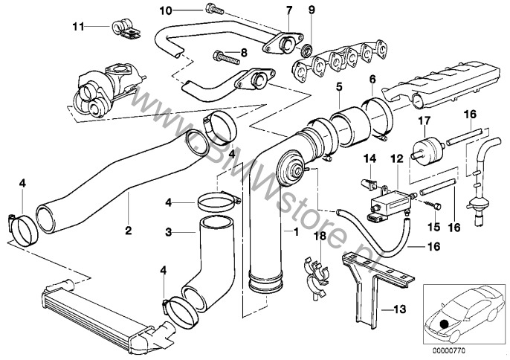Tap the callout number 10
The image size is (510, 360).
click(165, 10)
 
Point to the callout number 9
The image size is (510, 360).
click(312, 10)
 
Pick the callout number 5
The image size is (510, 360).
click(338, 88)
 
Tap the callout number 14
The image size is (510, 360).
click(367, 158)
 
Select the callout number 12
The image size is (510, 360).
click(396, 158)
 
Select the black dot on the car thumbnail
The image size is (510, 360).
click(445, 323)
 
